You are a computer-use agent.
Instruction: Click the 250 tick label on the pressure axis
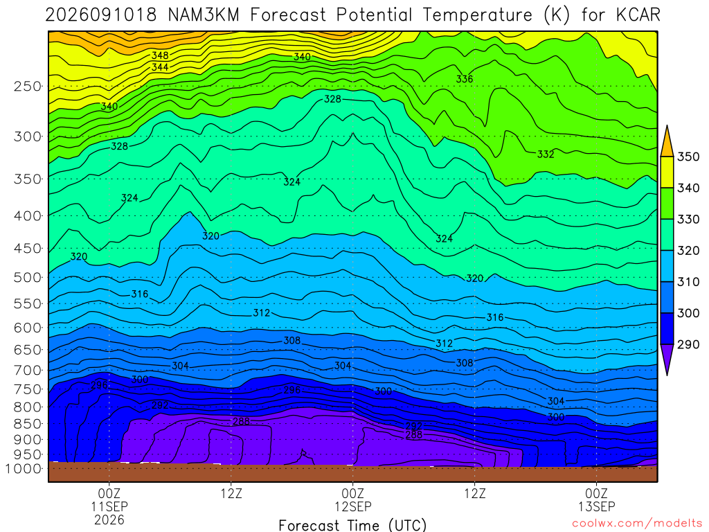[x=28, y=87]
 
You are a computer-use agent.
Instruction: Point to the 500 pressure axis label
[x=28, y=277]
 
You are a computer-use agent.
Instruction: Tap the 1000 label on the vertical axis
[x=24, y=469]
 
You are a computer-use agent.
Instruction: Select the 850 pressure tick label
[x=28, y=424]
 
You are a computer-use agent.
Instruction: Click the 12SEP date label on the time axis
[x=352, y=506]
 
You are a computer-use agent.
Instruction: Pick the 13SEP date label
[x=596, y=506]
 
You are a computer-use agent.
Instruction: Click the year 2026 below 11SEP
[x=109, y=520]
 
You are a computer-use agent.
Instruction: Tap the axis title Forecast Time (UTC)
[x=352, y=525]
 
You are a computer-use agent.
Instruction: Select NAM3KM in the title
[x=204, y=15]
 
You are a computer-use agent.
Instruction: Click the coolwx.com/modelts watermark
[x=637, y=524]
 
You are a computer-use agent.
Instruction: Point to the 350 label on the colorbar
[x=688, y=157]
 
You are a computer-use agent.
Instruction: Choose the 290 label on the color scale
[x=688, y=344]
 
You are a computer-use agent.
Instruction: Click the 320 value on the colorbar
[x=688, y=251]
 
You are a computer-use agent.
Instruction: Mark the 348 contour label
[x=160, y=55]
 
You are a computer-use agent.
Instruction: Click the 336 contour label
[x=465, y=79]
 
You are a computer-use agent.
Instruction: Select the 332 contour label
[x=546, y=154]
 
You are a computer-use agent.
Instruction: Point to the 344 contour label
[x=160, y=67]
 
